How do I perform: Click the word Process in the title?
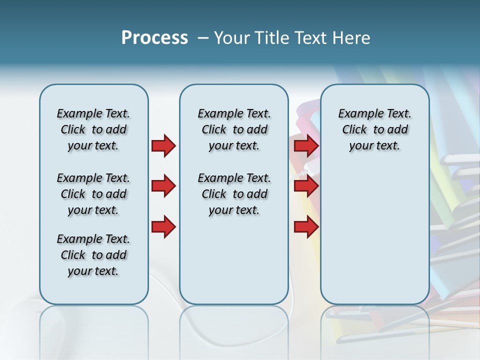[154, 38]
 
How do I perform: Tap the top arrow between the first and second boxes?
[163, 145]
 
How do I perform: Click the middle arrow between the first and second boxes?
[163, 186]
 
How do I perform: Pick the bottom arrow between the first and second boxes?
[163, 226]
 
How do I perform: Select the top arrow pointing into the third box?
[306, 145]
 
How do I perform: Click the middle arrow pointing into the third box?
[306, 186]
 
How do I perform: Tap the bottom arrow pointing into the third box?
[306, 226]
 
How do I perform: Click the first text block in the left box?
[93, 129]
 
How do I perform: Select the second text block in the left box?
[93, 194]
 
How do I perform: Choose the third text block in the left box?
[93, 255]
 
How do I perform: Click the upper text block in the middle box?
[234, 129]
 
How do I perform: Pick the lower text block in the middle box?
[234, 194]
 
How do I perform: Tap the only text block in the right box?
[374, 129]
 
